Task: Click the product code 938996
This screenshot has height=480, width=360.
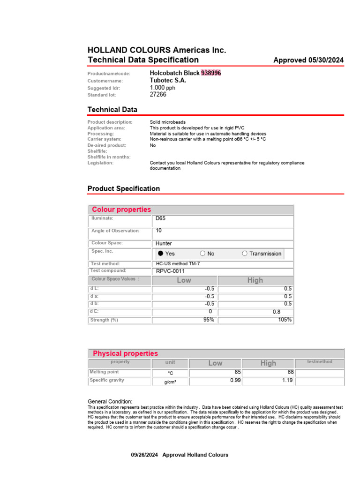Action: [x=211, y=73]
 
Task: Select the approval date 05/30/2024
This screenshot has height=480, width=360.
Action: [x=326, y=60]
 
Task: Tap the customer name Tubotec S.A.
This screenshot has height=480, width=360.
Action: [x=168, y=81]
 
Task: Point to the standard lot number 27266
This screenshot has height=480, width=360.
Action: [x=158, y=94]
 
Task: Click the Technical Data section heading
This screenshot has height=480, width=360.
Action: [x=112, y=109]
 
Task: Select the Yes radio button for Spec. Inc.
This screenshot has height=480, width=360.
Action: [x=161, y=254]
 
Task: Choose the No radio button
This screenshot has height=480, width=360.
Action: [x=202, y=254]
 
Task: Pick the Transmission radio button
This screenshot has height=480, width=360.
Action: [x=245, y=254]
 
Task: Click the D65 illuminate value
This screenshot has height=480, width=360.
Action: [x=160, y=218]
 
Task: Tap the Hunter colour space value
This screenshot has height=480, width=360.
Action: [x=164, y=243]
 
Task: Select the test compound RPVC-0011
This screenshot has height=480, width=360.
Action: [x=170, y=271]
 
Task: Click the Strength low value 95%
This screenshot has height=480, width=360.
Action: [x=209, y=320]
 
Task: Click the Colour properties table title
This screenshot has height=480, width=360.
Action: [x=121, y=210]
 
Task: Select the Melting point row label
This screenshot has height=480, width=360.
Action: [x=104, y=372]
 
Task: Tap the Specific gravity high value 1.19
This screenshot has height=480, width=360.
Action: [x=287, y=381]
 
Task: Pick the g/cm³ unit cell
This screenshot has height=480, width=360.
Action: [x=170, y=382]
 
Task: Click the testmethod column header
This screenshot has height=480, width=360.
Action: [x=319, y=362]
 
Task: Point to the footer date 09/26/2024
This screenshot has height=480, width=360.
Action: [x=145, y=455]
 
